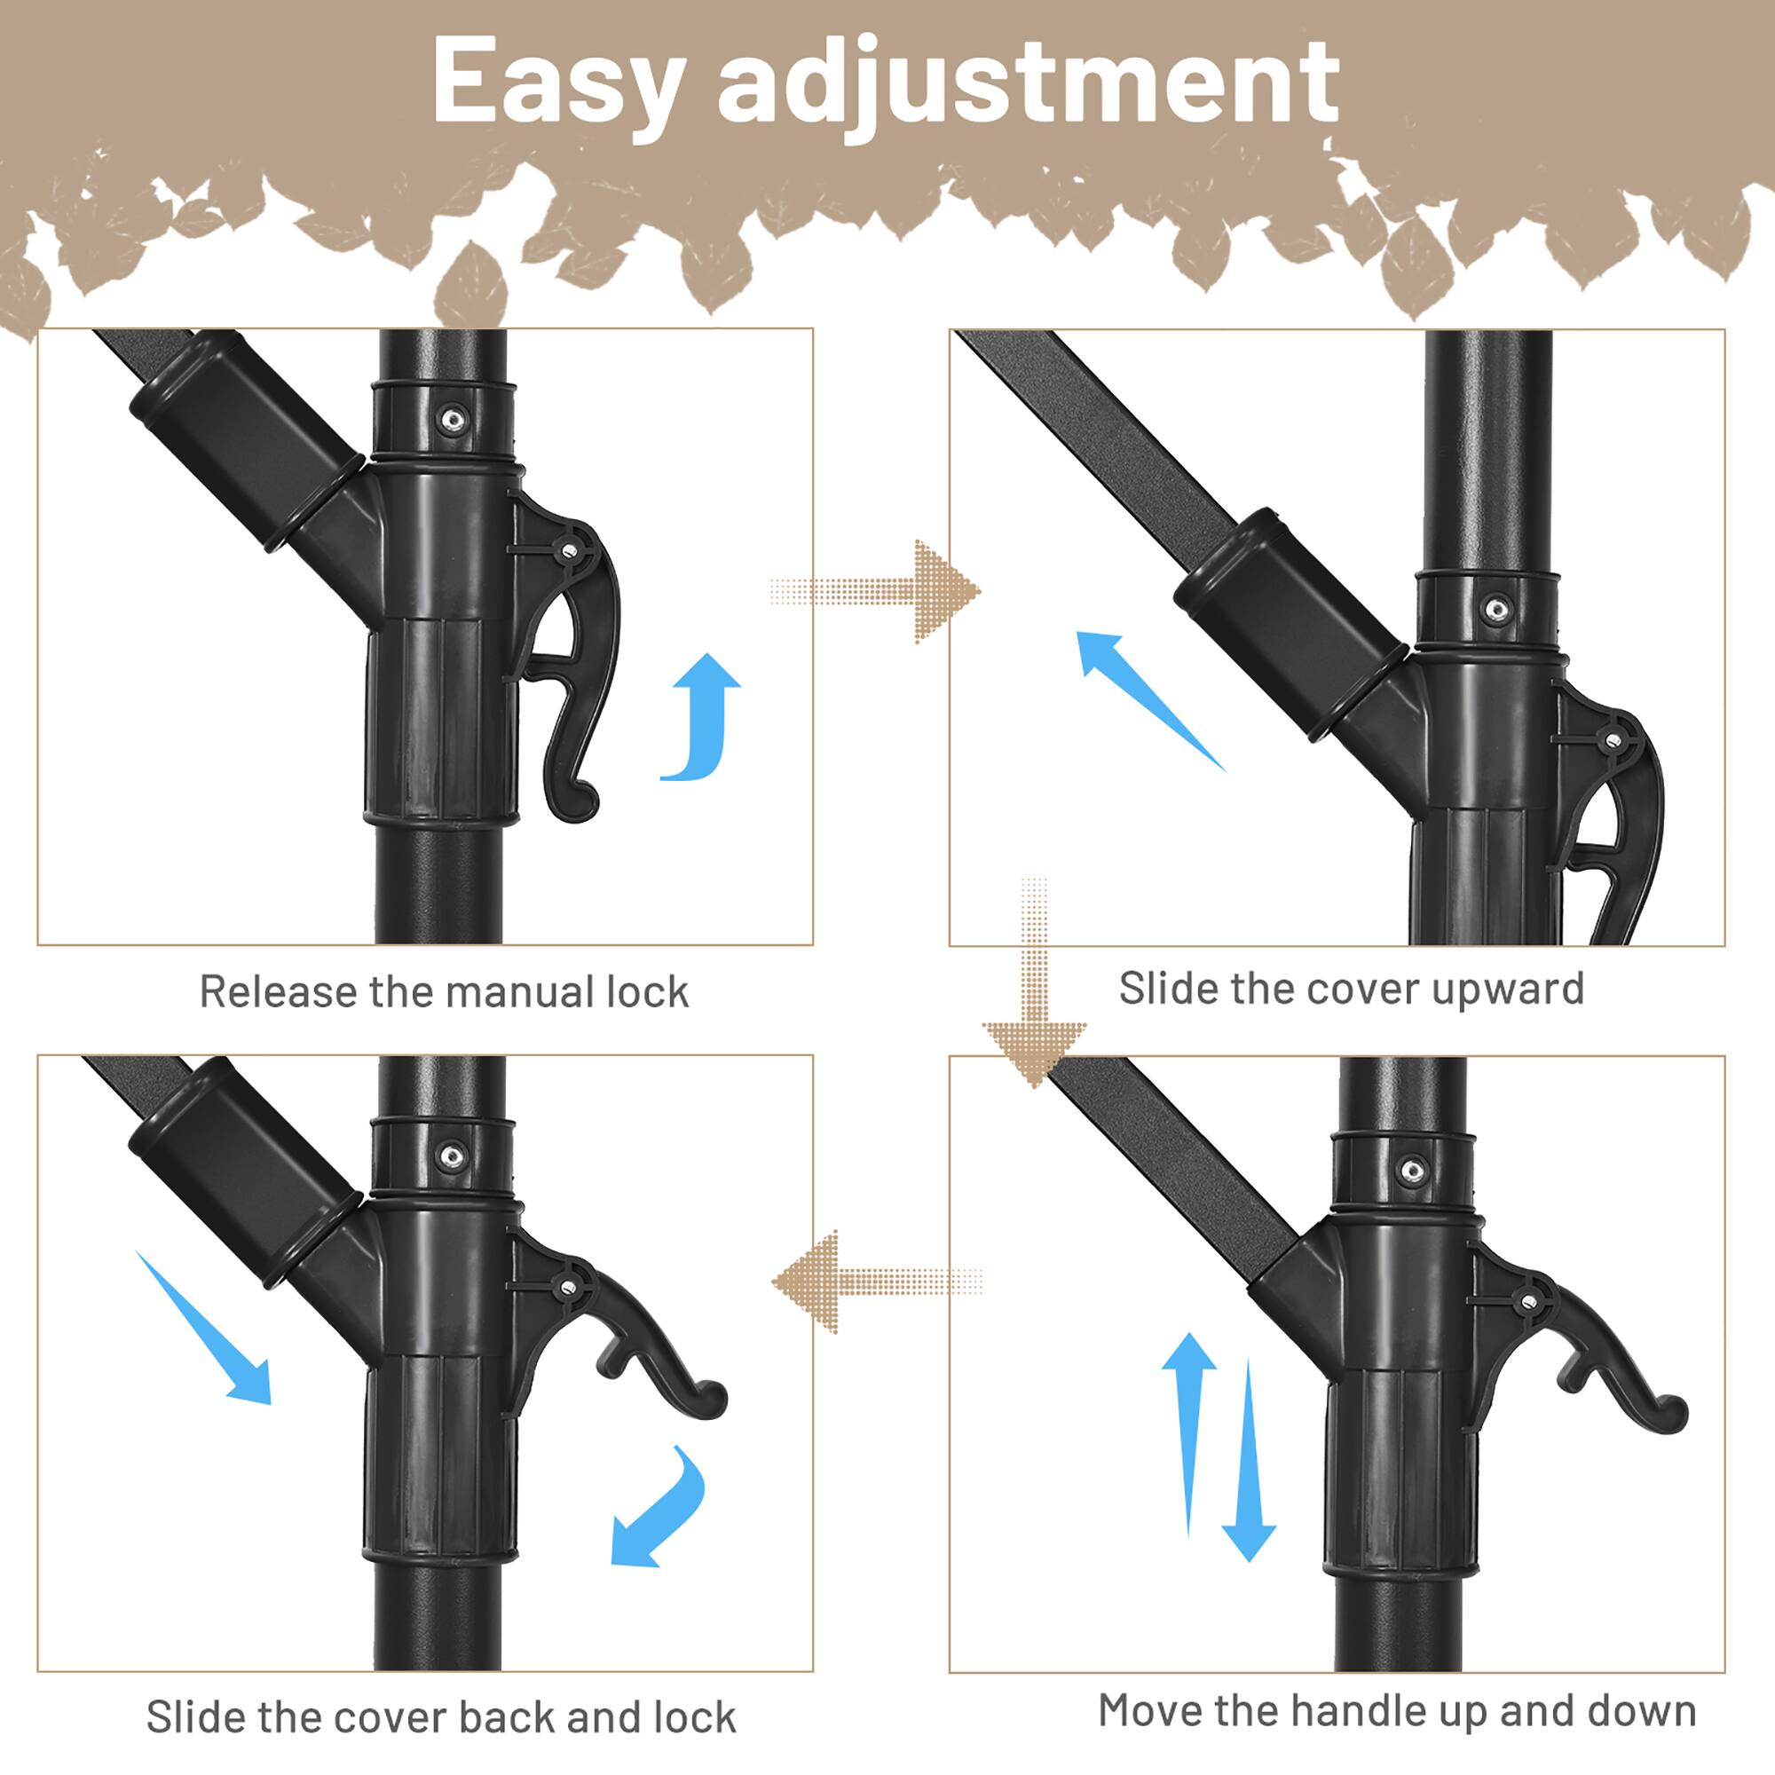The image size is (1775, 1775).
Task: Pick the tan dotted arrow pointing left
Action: click(x=872, y=1282)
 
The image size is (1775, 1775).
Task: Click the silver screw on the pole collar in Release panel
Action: click(x=452, y=420)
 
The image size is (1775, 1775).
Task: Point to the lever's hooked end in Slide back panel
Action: click(x=709, y=1399)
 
